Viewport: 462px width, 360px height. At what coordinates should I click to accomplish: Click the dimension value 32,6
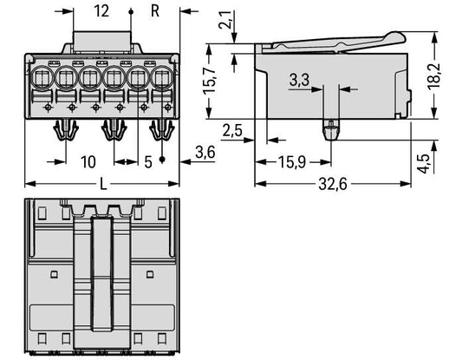pyautogui.click(x=333, y=185)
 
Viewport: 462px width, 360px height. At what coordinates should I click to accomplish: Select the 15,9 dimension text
pyautogui.click(x=292, y=162)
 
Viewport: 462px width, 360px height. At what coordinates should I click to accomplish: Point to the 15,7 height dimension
pyautogui.click(x=210, y=82)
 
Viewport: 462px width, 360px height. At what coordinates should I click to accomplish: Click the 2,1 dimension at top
pyautogui.click(x=225, y=20)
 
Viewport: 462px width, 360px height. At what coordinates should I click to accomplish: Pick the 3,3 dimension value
pyautogui.click(x=299, y=80)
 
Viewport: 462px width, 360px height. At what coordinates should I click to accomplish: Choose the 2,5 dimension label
pyautogui.click(x=232, y=130)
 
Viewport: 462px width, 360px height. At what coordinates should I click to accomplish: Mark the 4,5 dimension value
pyautogui.click(x=425, y=163)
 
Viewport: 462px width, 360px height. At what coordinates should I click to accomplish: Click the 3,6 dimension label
pyautogui.click(x=205, y=153)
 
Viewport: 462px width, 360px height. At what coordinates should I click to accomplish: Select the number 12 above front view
pyautogui.click(x=101, y=11)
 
